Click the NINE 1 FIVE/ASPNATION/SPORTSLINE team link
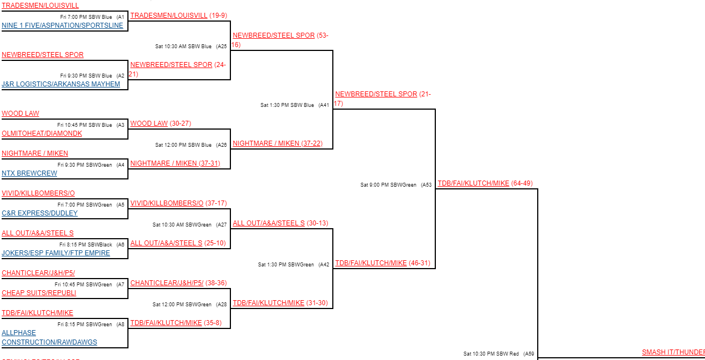pyautogui.click(x=63, y=25)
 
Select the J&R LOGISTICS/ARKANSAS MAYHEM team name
pyautogui.click(x=61, y=84)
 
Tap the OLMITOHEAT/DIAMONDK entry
pyautogui.click(x=42, y=133)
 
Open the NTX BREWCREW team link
pyautogui.click(x=29, y=173)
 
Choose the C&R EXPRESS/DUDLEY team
pyautogui.click(x=40, y=213)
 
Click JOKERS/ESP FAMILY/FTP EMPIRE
pyautogui.click(x=56, y=253)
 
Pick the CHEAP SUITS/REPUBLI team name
pyautogui.click(x=39, y=293)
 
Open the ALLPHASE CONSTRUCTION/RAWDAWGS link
pyautogui.click(x=49, y=337)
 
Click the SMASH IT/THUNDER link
pyautogui.click(x=673, y=352)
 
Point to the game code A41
pyautogui.click(x=324, y=105)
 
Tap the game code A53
pyautogui.click(x=426, y=185)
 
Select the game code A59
pyautogui.click(x=529, y=354)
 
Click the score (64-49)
pyautogui.click(x=522, y=183)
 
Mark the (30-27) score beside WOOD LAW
pyautogui.click(x=181, y=124)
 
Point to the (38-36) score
pyautogui.click(x=217, y=283)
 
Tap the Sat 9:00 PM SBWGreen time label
pyautogui.click(x=388, y=185)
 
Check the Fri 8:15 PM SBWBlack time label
pyautogui.click(x=86, y=245)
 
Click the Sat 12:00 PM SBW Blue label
pyautogui.click(x=183, y=145)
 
